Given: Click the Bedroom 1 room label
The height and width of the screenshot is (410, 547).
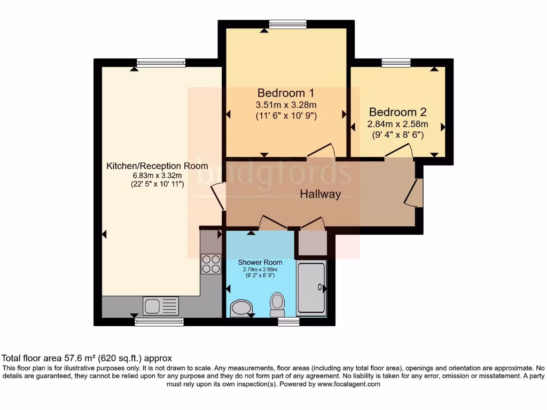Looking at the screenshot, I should coord(285,92).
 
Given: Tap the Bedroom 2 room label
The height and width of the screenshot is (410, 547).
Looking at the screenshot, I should coord(397,112).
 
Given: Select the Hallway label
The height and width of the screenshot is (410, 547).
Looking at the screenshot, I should coord(320,194).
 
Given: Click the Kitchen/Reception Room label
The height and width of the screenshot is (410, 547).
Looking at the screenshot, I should coord(157,165).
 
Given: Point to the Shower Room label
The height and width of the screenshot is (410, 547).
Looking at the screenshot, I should coord(260,262).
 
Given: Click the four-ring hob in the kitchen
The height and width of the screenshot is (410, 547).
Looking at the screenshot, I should coord(210,264).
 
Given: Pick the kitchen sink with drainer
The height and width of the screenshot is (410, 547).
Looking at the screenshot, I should coord(160,306).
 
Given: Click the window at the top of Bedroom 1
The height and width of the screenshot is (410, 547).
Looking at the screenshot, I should coord(288,24).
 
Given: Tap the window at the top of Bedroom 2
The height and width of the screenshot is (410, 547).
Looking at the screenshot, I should coord(396,63).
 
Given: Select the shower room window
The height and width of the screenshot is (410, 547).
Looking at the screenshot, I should coord(288,322).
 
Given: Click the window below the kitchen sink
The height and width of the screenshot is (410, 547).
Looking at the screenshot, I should coord(159,322).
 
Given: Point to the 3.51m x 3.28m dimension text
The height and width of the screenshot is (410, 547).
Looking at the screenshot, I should coord(285,104).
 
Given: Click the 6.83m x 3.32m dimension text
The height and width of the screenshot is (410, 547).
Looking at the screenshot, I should coord(157,175).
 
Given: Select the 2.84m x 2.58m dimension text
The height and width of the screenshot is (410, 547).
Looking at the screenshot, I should coord(397,124).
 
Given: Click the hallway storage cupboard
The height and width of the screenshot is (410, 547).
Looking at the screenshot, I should coord(312,243).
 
